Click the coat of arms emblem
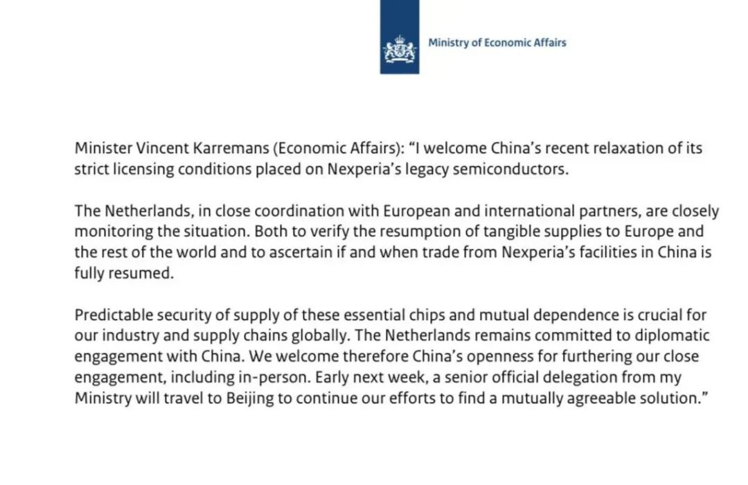point(400,49)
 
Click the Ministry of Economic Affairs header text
point(497,43)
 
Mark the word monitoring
point(109,232)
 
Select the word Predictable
point(109,315)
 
